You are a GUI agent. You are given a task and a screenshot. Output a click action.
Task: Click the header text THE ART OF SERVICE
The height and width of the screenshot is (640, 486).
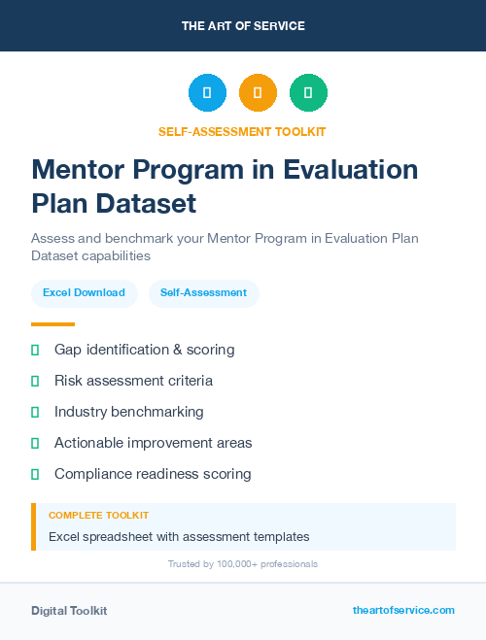(243, 26)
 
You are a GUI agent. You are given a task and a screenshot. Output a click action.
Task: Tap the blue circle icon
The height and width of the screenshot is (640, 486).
(207, 93)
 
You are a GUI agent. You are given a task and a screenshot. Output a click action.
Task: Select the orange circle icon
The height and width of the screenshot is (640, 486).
(258, 93)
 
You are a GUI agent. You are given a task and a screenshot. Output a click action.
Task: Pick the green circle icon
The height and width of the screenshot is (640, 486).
(308, 93)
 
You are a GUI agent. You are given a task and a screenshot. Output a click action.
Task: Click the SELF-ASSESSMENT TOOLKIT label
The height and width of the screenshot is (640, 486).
(243, 131)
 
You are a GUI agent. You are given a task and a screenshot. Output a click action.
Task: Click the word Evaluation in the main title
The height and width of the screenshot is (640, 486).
(350, 170)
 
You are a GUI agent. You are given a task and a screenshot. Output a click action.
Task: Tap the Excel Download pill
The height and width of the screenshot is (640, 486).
(84, 292)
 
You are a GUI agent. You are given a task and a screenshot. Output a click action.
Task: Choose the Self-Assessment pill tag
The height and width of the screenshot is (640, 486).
(203, 292)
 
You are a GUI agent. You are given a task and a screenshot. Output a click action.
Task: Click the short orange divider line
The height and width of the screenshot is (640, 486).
(52, 324)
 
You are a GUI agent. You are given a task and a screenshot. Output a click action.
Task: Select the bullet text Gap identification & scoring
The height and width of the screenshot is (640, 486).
(144, 350)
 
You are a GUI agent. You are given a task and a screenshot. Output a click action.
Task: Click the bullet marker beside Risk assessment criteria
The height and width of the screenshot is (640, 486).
(35, 381)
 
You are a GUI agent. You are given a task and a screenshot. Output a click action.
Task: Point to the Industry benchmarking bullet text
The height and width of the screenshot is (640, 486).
(129, 412)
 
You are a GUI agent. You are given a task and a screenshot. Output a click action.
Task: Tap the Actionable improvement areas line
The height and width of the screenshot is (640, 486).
(153, 443)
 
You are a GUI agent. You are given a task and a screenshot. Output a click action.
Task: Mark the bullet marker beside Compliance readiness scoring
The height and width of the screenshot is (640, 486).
(35, 474)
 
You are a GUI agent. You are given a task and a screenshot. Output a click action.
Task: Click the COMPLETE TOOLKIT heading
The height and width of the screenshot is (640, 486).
(98, 515)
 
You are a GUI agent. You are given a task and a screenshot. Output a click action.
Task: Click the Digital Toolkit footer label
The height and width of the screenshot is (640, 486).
(69, 611)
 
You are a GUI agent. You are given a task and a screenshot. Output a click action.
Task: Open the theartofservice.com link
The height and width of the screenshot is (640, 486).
(403, 610)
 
